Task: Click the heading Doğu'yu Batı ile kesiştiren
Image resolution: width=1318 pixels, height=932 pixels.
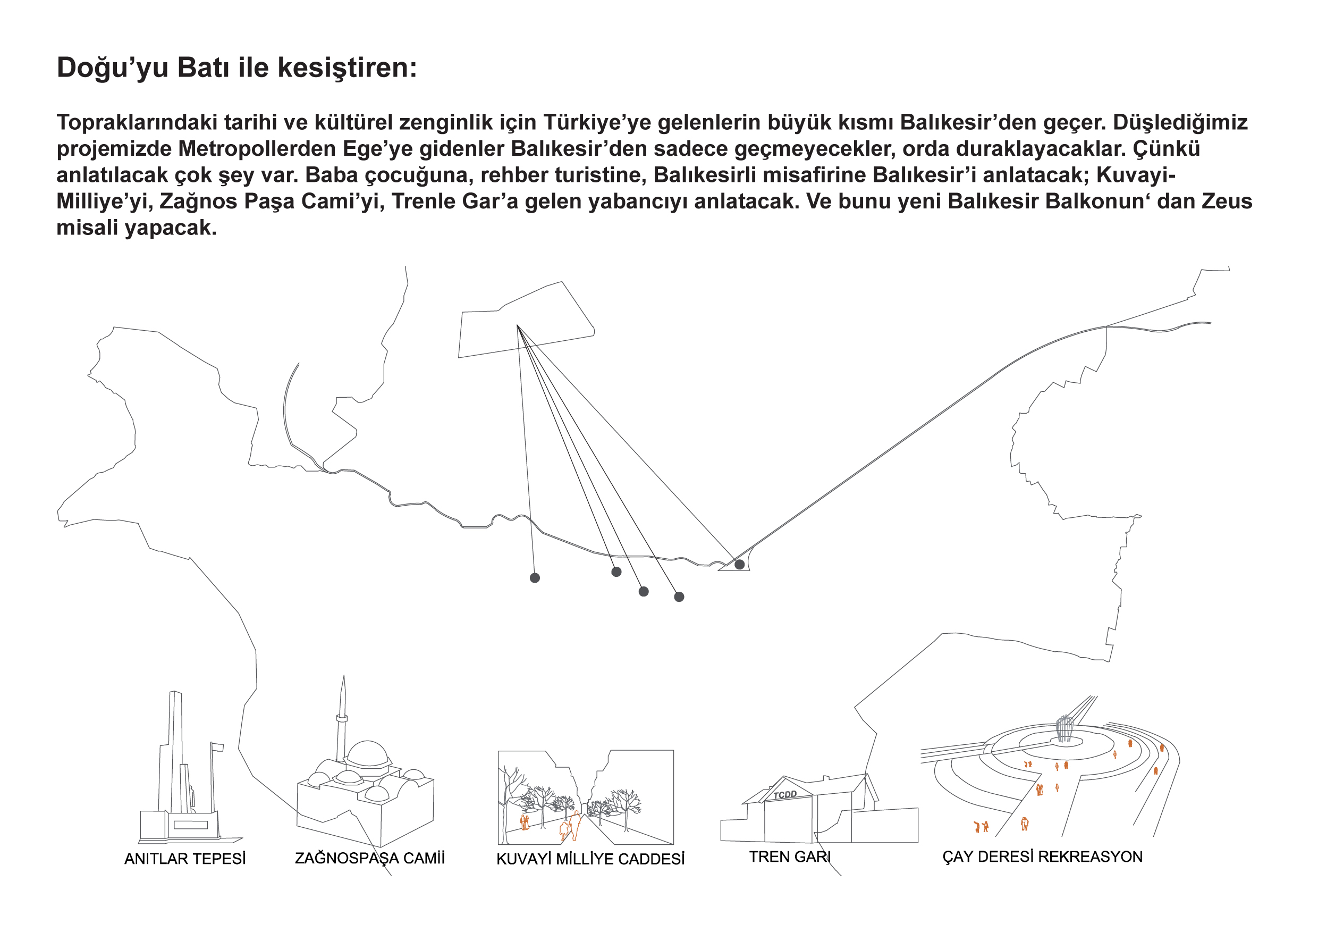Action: tap(236, 68)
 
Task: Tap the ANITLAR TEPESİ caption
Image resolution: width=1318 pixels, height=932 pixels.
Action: tap(185, 859)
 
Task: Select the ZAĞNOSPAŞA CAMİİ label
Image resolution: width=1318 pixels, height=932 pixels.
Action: tap(370, 858)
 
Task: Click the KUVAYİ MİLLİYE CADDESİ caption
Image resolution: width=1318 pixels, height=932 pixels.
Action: tap(590, 859)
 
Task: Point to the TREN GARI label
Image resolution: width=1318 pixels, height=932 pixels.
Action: tap(790, 857)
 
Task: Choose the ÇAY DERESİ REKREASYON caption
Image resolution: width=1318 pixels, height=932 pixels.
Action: tap(1043, 857)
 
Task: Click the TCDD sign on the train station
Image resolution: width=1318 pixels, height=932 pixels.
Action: tap(785, 795)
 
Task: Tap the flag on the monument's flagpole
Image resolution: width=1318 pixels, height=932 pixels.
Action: tap(218, 747)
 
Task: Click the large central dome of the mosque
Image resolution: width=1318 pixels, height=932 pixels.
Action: tap(368, 753)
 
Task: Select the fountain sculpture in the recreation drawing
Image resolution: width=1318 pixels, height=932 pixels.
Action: tap(1064, 728)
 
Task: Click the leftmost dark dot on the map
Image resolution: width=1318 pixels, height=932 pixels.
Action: tap(535, 578)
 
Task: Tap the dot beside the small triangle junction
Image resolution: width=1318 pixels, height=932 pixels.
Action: tap(739, 565)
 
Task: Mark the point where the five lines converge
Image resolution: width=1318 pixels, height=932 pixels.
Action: tap(518, 325)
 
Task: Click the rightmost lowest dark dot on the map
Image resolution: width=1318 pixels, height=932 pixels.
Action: tap(679, 597)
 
